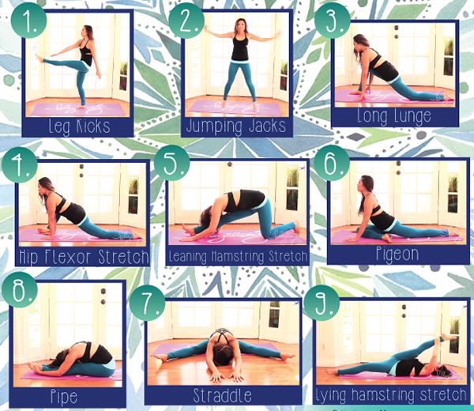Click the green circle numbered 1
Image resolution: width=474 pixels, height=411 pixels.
tap(29, 21)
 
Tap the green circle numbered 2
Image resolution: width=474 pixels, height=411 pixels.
tap(186, 21)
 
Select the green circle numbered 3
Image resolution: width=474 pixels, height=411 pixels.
tap(333, 21)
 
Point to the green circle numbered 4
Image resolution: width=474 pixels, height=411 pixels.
tap(19, 165)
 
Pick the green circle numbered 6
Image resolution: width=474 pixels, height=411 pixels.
tap(332, 164)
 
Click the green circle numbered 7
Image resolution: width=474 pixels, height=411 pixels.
tap(148, 303)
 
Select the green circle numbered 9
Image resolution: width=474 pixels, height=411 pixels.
tap(322, 303)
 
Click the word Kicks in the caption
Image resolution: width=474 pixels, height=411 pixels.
tap(93, 126)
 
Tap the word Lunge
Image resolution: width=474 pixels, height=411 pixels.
tap(413, 117)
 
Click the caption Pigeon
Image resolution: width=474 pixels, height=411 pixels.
tap(397, 254)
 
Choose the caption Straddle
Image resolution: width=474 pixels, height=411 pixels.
tap(222, 395)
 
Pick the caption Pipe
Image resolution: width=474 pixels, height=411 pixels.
tap(63, 398)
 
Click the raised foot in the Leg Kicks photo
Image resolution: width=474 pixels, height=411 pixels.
tap(39, 58)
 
